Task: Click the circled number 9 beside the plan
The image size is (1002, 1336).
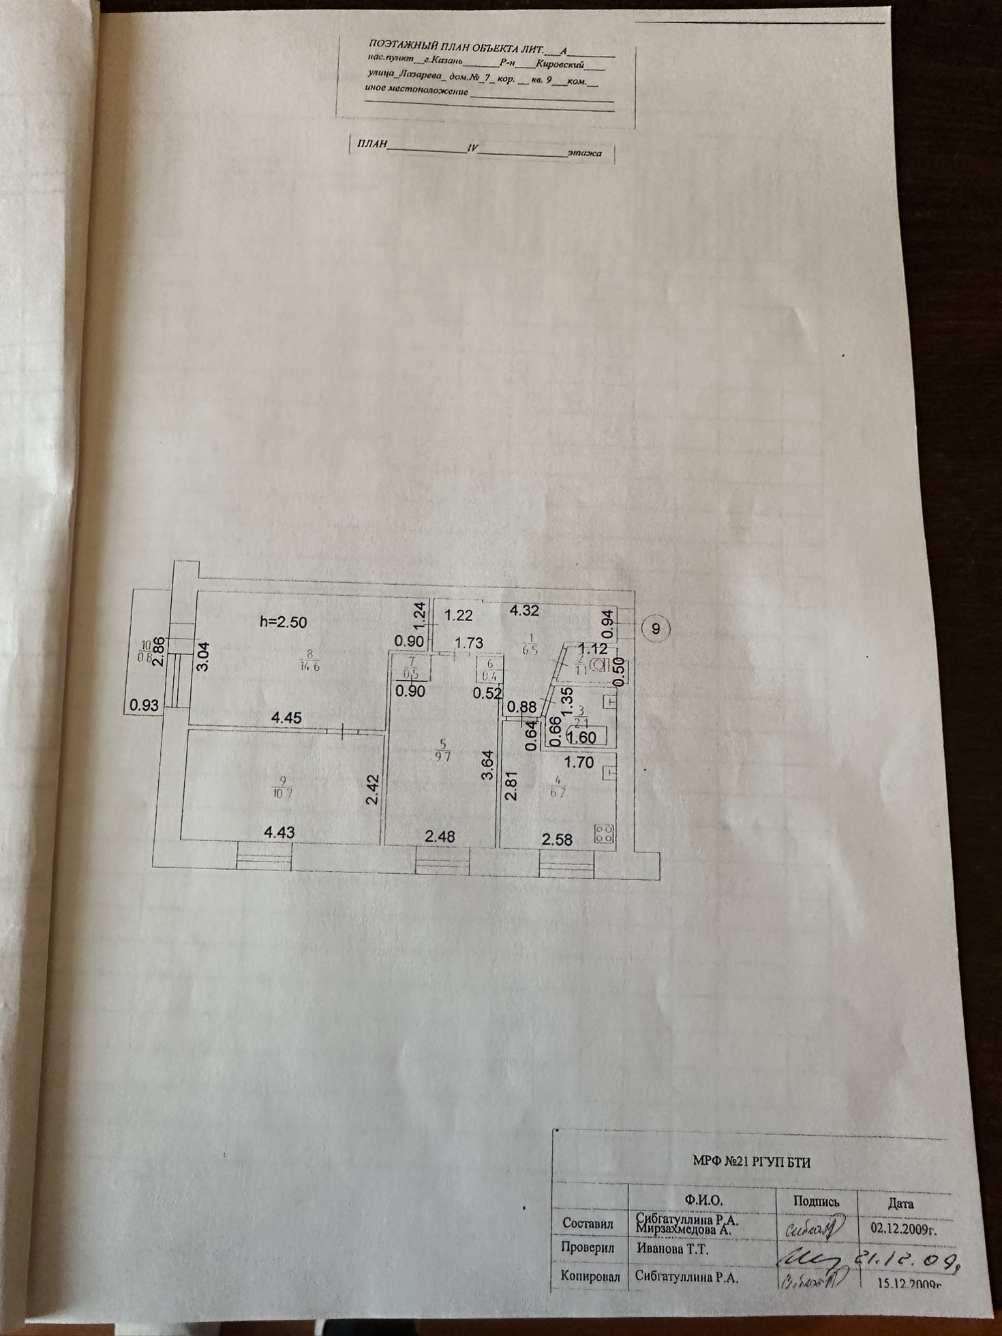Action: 656,628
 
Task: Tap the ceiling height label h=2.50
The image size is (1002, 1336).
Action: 284,622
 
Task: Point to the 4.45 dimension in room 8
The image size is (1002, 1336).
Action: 286,717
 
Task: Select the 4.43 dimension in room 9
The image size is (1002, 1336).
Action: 279,832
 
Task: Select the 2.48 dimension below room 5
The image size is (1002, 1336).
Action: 440,836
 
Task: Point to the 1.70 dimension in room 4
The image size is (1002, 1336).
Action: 580,763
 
